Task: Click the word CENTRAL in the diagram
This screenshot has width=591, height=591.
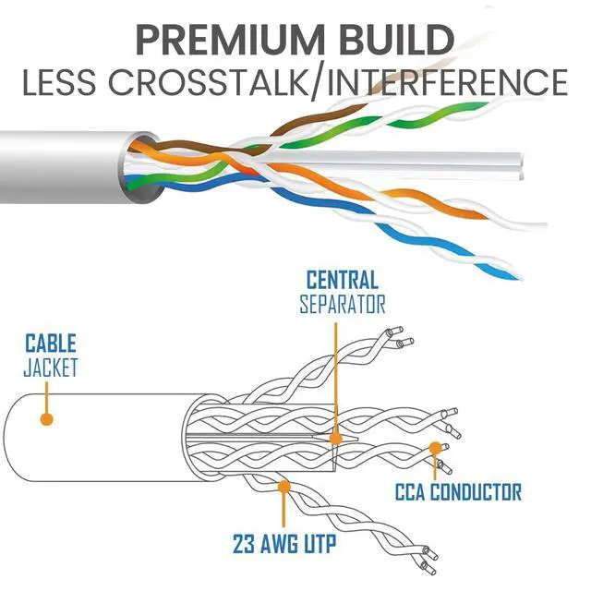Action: (342, 280)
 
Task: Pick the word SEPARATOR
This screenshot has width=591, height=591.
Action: (342, 303)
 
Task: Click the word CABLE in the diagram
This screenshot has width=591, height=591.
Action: (50, 345)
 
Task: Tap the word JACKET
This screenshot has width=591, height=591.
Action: (52, 368)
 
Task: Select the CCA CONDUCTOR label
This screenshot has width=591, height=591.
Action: (459, 492)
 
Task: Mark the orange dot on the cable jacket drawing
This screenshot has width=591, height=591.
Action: (47, 418)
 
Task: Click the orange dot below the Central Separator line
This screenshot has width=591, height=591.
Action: (336, 440)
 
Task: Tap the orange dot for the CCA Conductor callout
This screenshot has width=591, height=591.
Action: (434, 449)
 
